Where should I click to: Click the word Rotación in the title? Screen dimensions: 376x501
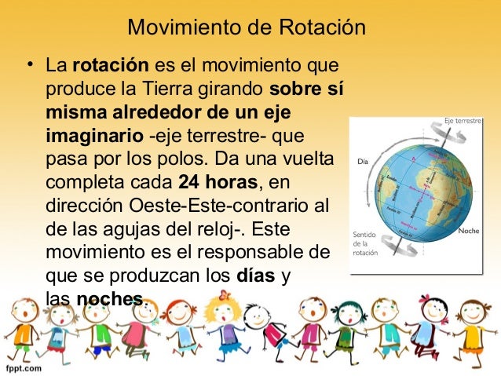click(322, 28)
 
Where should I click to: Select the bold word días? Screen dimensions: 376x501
click(253, 276)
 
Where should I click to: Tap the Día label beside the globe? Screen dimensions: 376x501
click(363, 162)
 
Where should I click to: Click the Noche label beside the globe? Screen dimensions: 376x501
click(470, 231)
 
